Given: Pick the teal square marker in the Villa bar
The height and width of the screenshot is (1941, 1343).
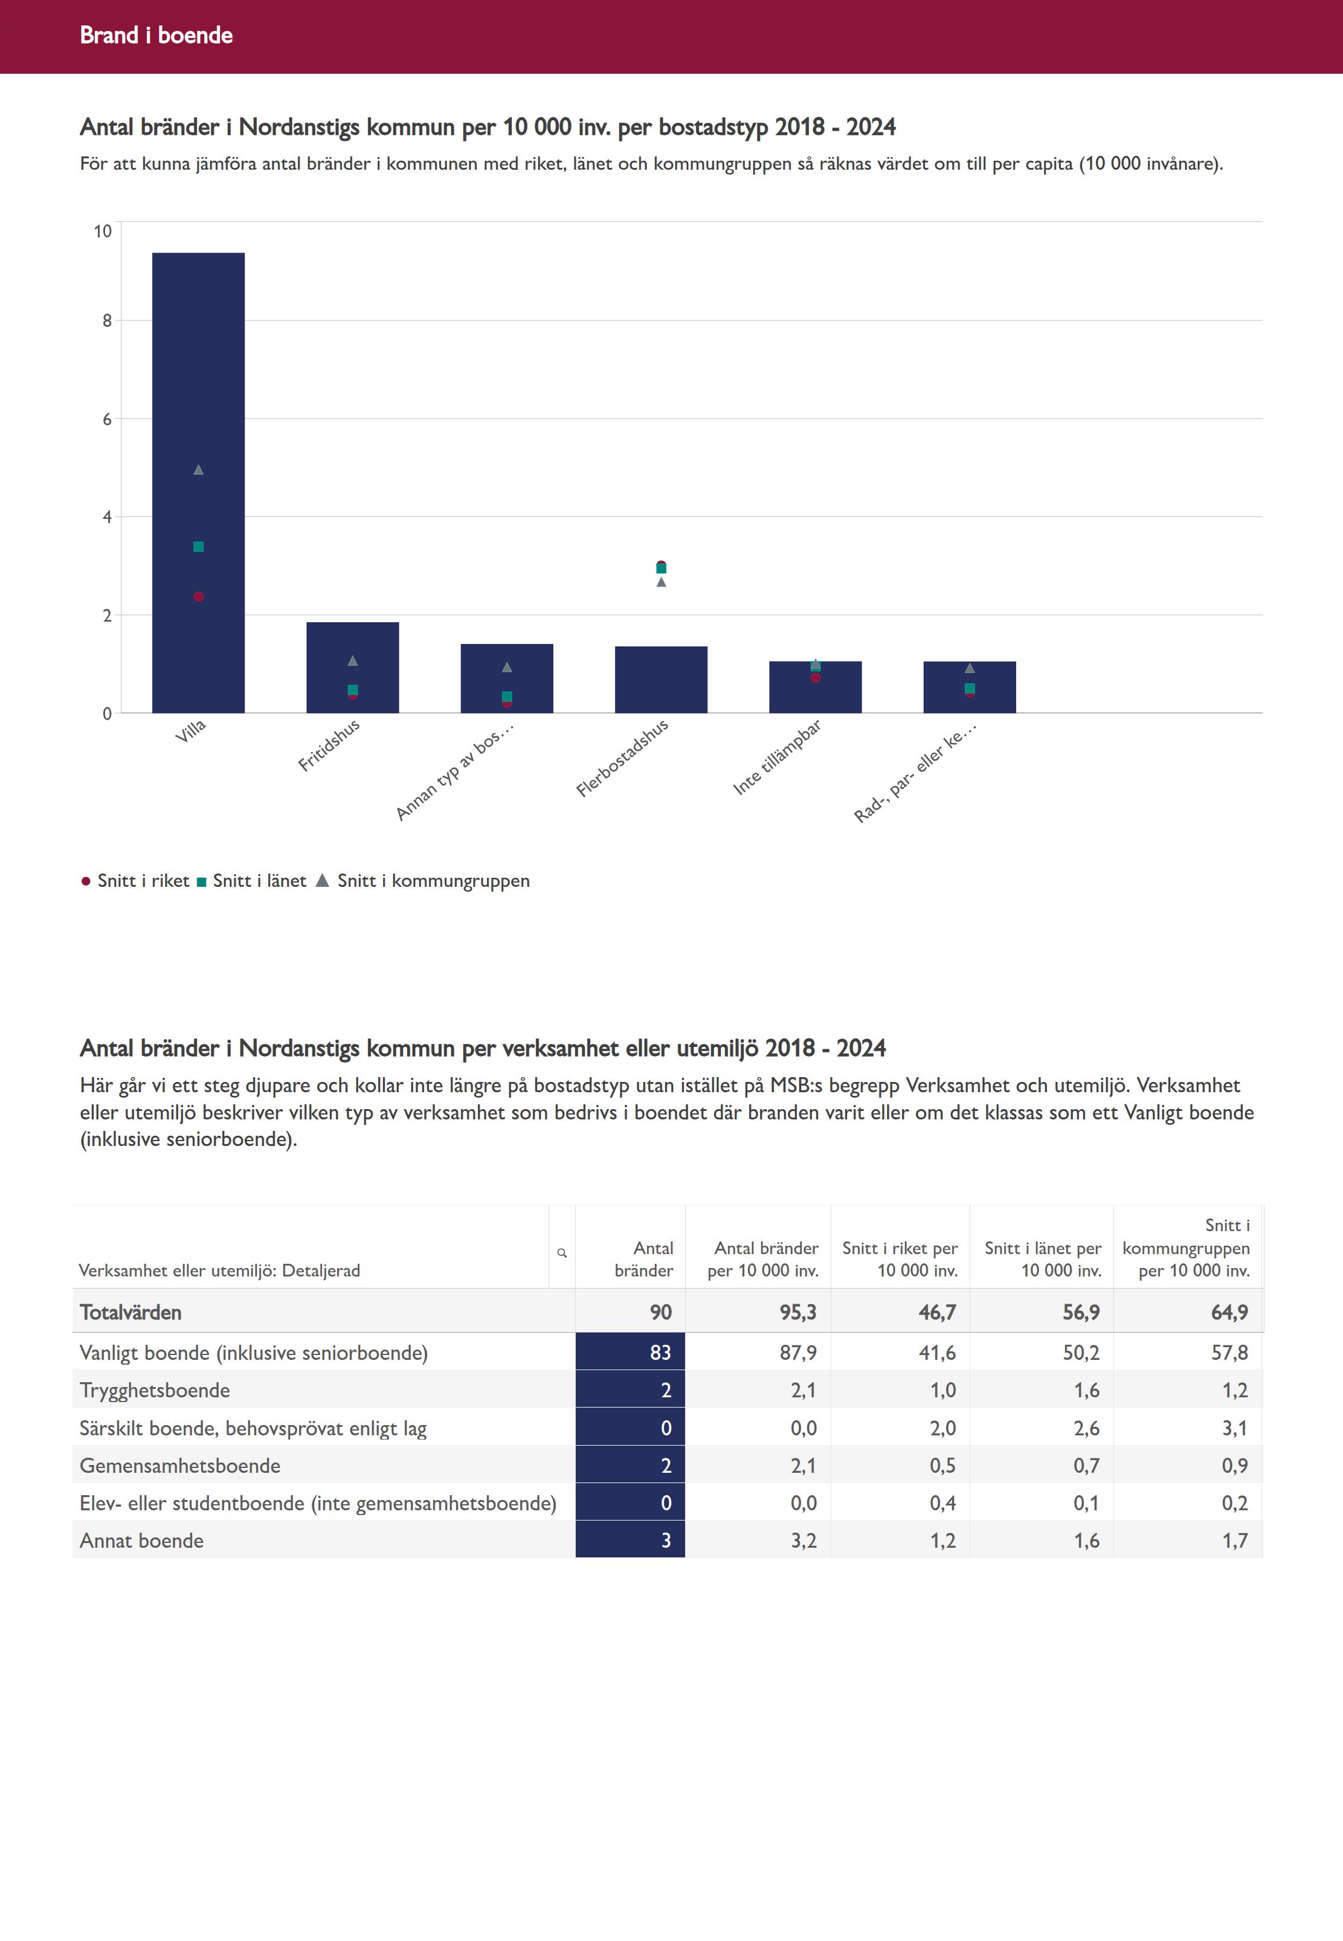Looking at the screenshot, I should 199,547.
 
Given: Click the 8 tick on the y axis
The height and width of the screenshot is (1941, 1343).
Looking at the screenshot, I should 107,321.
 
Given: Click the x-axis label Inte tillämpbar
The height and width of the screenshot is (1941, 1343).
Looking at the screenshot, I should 778,757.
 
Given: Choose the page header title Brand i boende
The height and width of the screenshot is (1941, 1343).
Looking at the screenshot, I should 156,35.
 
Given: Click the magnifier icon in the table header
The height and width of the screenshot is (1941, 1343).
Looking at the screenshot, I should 562,1254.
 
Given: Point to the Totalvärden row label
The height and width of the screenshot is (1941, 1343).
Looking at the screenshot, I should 130,1313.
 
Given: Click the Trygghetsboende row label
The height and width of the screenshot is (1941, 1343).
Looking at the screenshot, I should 155,1390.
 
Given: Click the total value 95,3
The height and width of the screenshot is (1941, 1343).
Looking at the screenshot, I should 797,1313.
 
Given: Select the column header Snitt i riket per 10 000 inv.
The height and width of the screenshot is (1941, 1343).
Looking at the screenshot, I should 900,1260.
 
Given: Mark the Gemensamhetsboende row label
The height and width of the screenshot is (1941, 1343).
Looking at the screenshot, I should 180,1466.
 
